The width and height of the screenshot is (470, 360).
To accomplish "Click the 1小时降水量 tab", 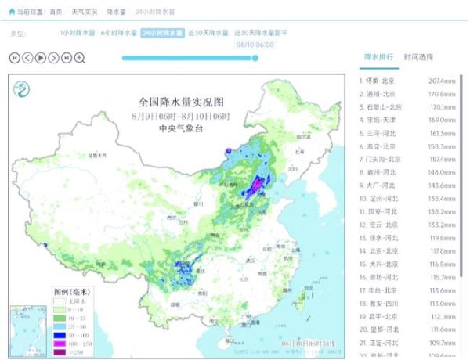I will [x=78, y=34].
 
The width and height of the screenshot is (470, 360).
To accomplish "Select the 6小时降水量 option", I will [x=119, y=34].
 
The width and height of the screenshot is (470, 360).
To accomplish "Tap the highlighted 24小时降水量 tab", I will [x=163, y=34].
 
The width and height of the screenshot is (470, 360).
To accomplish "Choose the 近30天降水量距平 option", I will [x=261, y=34].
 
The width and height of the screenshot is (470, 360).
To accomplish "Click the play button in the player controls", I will [x=41, y=57].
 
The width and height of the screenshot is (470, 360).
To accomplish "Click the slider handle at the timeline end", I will [x=255, y=57].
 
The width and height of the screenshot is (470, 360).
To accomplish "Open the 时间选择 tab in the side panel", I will [x=418, y=57].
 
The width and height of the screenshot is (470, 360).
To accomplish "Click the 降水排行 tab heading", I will [x=378, y=57].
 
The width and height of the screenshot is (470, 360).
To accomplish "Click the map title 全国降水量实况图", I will [x=181, y=103].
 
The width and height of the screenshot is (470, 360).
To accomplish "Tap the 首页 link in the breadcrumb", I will [x=56, y=13].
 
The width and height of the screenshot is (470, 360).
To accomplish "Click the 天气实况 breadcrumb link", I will [x=85, y=13].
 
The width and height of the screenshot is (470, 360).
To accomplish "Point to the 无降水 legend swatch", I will [x=59, y=300].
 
